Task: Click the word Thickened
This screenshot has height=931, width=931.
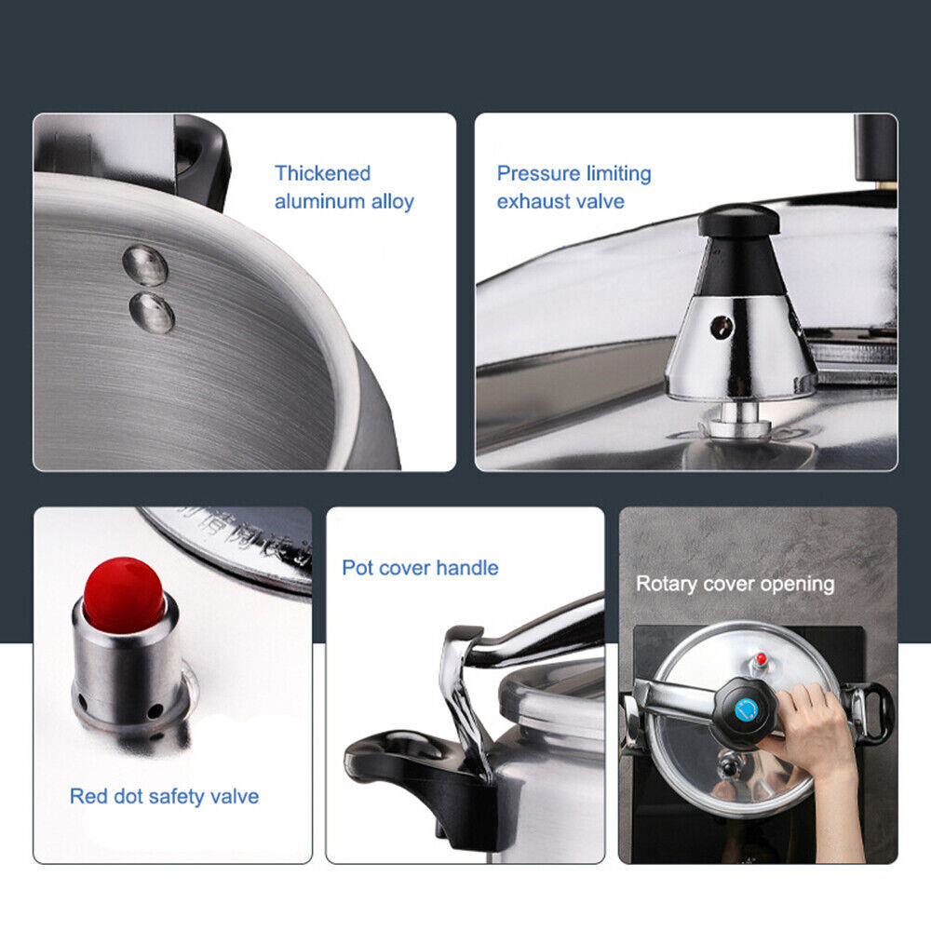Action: [322, 173]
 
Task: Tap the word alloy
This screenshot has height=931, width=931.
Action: [393, 202]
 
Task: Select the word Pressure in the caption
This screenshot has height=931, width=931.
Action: [538, 173]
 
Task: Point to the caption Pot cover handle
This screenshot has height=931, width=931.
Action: [421, 568]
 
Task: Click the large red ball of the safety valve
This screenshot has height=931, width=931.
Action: [124, 594]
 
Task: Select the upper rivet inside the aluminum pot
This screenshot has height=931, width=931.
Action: [145, 264]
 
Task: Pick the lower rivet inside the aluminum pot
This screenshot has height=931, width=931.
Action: [152, 312]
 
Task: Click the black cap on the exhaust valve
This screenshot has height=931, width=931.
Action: [738, 221]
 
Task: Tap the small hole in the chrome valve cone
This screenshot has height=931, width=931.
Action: [722, 326]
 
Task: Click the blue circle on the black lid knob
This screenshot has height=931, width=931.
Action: [747, 710]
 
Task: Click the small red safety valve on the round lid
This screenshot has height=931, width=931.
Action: [762, 658]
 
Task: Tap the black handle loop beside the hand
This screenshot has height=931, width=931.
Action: [873, 712]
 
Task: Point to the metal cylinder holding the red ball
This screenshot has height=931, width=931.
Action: [128, 665]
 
